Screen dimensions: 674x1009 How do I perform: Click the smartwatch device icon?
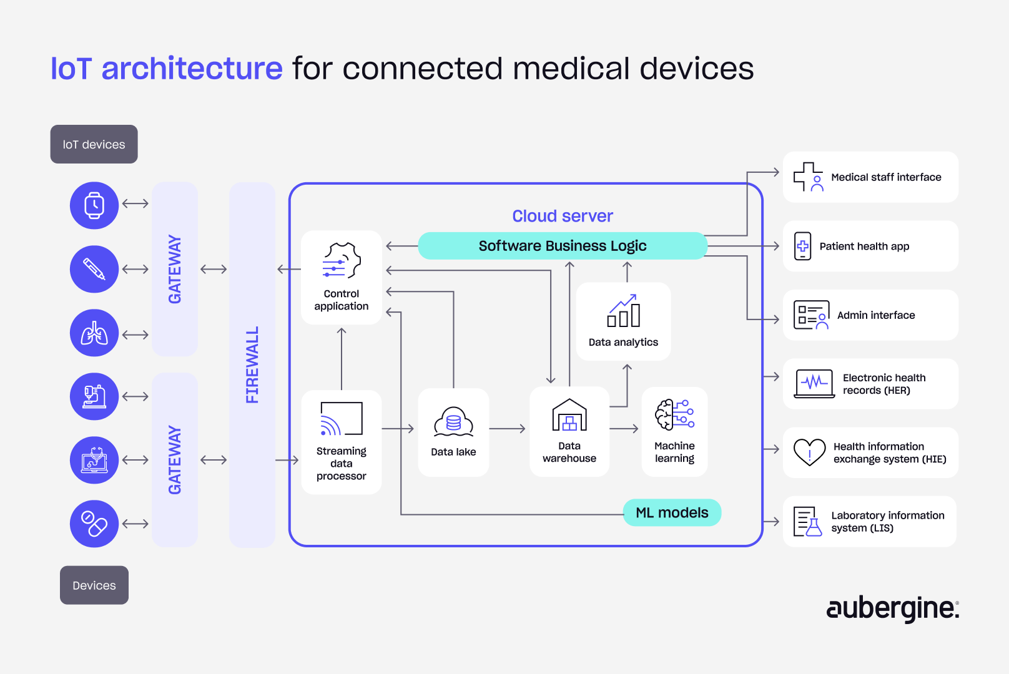tap(94, 205)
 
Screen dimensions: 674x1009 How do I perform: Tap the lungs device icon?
tap(94, 333)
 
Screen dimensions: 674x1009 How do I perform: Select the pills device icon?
tap(94, 524)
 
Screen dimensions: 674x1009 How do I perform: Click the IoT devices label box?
tap(94, 144)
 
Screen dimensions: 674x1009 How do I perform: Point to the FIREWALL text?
tap(252, 365)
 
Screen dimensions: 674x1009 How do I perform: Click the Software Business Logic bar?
tap(562, 246)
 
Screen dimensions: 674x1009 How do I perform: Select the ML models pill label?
tap(672, 512)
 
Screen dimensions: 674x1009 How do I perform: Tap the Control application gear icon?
tap(342, 260)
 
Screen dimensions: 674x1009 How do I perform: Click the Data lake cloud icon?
tap(453, 422)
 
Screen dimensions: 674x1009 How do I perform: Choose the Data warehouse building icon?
tap(569, 416)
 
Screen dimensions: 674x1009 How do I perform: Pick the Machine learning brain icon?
tap(674, 414)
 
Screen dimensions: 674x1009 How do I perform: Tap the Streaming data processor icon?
tap(341, 419)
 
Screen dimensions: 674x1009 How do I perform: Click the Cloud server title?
tap(563, 216)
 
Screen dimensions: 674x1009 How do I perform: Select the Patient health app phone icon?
tap(802, 246)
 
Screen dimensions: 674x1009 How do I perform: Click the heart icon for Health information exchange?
tap(809, 452)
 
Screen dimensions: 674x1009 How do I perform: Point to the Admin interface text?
tap(875, 315)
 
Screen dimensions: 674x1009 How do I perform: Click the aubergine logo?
tap(892, 608)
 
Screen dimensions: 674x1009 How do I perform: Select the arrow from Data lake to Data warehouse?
tap(507, 429)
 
